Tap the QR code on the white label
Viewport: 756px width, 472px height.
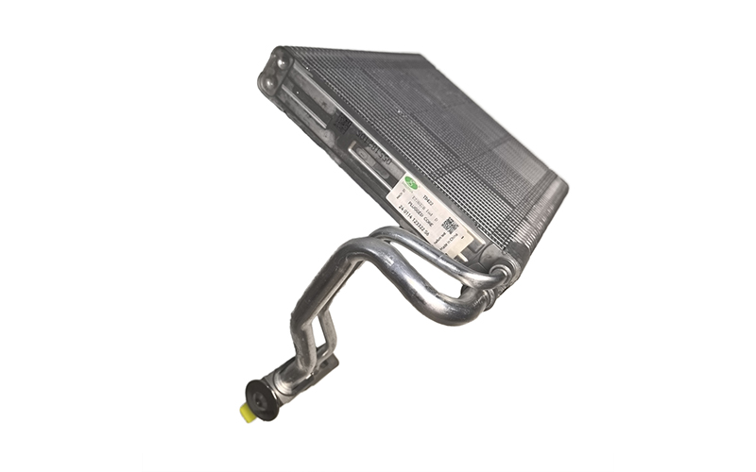450,225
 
